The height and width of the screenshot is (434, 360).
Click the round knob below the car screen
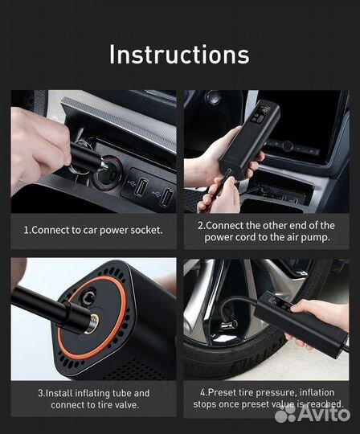(x=288, y=146)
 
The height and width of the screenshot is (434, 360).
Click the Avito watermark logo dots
(x=285, y=412)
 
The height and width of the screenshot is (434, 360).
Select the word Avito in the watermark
(x=323, y=413)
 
